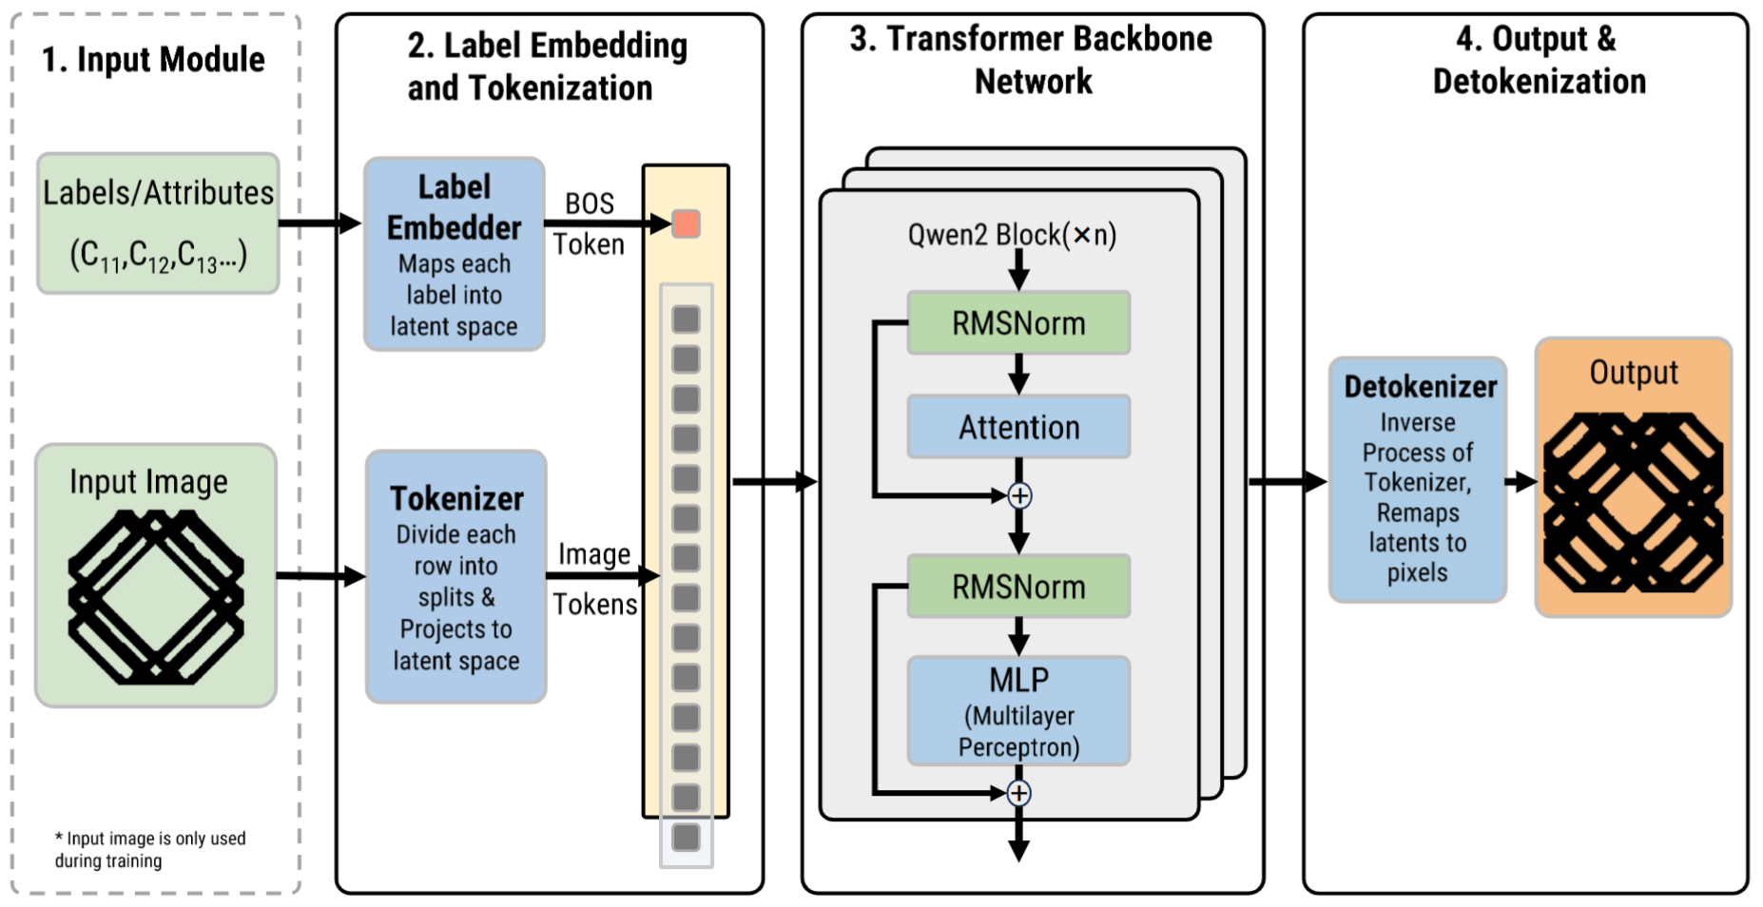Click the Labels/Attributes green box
(158, 223)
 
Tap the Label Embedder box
(455, 254)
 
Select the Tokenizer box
(456, 577)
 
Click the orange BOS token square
(686, 224)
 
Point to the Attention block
(1018, 427)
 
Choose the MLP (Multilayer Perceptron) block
(1018, 711)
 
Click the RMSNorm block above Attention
(1018, 323)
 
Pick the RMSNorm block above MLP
(1018, 587)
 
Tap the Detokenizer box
(1418, 480)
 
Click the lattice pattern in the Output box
(1633, 502)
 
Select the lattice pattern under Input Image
(156, 597)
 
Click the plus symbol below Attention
(1019, 495)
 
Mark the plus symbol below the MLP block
(1019, 793)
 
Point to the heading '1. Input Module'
(153, 59)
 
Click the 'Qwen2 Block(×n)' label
(1012, 234)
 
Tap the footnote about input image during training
(150, 849)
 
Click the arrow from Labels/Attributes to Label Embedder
(320, 223)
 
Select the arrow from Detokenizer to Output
(1521, 481)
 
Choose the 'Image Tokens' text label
(595, 579)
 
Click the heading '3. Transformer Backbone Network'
(1032, 60)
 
